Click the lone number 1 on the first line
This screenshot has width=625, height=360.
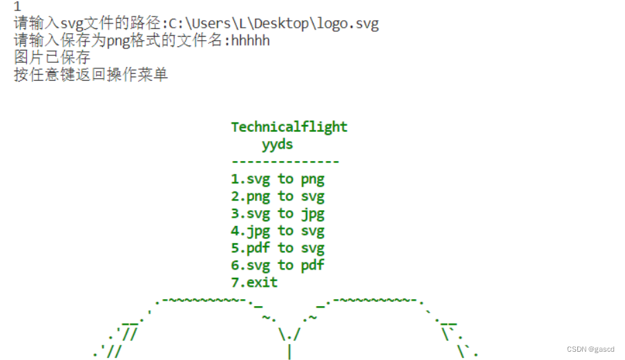(x=17, y=8)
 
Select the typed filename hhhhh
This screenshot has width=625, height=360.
(x=251, y=41)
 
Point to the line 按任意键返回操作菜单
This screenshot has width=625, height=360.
(x=90, y=75)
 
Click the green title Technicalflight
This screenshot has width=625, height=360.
(x=289, y=127)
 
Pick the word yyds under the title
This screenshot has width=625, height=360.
(x=277, y=144)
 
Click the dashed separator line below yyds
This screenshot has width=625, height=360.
(x=285, y=162)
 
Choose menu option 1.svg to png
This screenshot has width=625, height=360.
(x=277, y=179)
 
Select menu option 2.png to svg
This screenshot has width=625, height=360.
(x=277, y=196)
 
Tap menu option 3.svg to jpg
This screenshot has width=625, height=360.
(x=277, y=214)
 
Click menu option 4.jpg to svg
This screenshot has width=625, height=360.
(x=277, y=231)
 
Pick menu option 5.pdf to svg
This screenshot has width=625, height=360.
(x=277, y=248)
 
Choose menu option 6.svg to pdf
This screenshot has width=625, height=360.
(x=277, y=265)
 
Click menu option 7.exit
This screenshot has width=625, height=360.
(x=254, y=283)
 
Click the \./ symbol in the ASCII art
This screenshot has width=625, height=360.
(x=289, y=335)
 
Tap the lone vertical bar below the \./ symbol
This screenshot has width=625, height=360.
(x=289, y=352)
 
